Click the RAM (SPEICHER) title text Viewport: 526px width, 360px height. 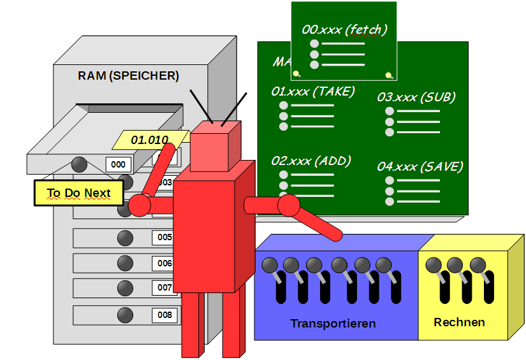coord(128,76)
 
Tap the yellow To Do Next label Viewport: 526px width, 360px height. coord(78,193)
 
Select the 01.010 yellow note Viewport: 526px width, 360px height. coord(149,140)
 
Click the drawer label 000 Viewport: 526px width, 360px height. coord(118,164)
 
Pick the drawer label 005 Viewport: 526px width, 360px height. coord(164,238)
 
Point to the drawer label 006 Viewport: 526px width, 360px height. coord(164,263)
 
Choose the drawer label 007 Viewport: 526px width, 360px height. coord(164,288)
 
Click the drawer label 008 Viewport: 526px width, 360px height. coord(164,315)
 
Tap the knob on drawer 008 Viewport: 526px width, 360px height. coord(125,314)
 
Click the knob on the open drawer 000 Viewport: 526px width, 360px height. coord(79,164)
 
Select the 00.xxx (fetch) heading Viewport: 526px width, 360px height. coord(344,29)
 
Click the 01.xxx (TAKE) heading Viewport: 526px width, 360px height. coord(312,91)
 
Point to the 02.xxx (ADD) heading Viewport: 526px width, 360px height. coord(310,161)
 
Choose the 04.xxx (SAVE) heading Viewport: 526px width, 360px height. coord(420,166)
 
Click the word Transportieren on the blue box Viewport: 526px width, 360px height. coord(333,324)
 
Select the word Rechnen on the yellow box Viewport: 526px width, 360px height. coord(459,322)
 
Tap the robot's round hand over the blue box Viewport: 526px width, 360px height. coord(288,205)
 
